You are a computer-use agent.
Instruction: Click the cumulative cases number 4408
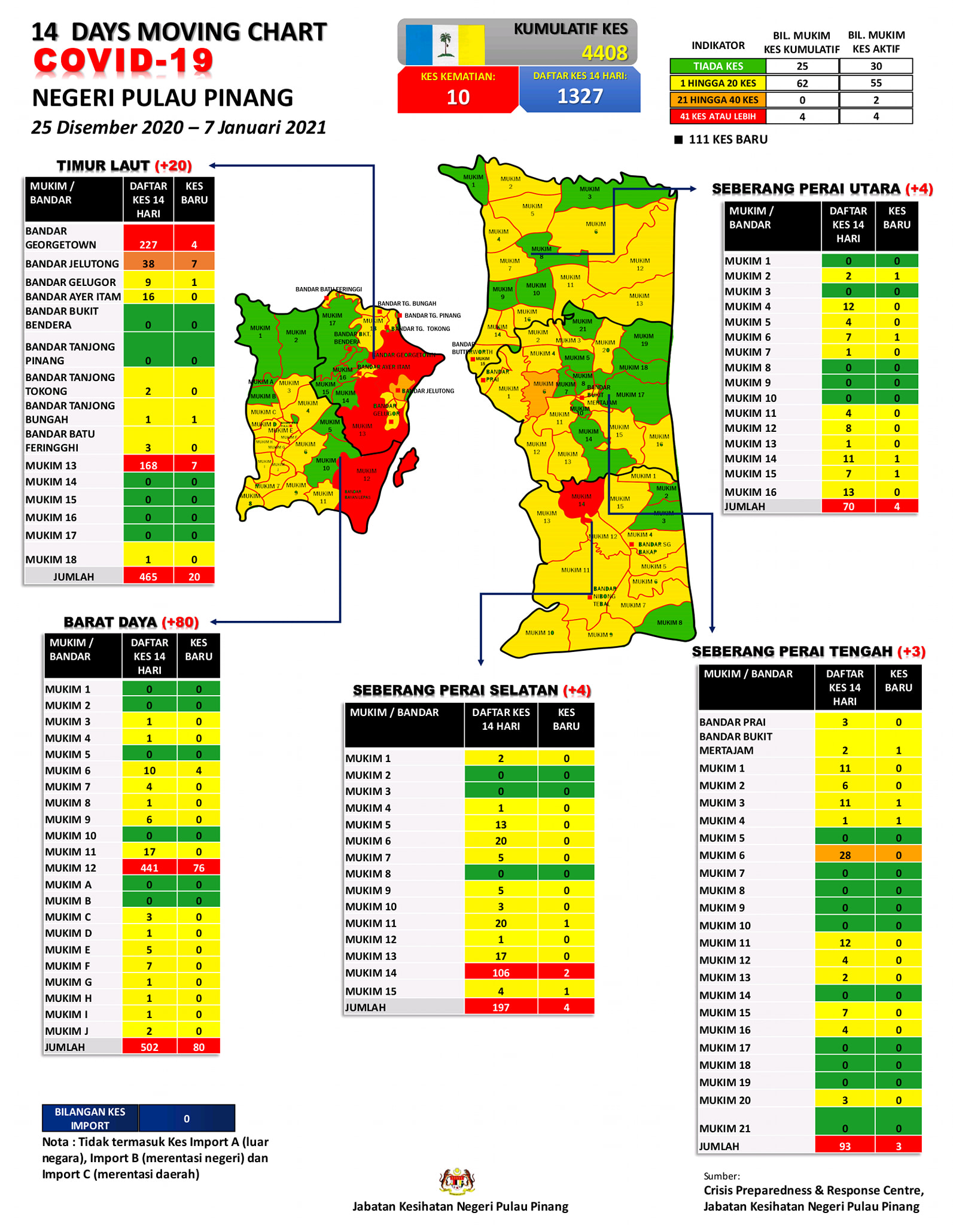(604, 53)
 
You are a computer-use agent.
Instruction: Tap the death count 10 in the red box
(458, 97)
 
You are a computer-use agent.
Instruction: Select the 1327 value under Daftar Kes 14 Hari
(580, 96)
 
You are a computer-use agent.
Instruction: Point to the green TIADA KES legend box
(717, 66)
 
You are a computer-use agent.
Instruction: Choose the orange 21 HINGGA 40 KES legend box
(717, 100)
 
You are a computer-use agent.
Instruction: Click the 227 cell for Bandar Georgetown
(148, 244)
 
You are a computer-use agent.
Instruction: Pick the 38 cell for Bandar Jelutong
(148, 263)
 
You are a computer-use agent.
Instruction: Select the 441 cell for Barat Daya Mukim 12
(149, 867)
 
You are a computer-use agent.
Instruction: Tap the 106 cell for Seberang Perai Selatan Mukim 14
(500, 973)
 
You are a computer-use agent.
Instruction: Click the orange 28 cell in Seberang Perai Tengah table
(844, 855)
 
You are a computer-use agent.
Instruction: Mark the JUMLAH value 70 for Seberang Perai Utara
(848, 506)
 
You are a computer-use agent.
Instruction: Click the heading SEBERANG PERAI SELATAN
(455, 690)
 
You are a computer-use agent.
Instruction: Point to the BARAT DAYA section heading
(111, 622)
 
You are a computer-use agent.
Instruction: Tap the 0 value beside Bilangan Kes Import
(187, 1118)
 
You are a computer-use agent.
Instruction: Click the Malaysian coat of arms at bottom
(456, 1181)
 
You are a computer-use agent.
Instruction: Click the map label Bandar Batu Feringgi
(328, 290)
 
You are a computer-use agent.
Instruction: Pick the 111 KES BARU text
(727, 139)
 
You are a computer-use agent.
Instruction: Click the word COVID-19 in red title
(123, 61)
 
